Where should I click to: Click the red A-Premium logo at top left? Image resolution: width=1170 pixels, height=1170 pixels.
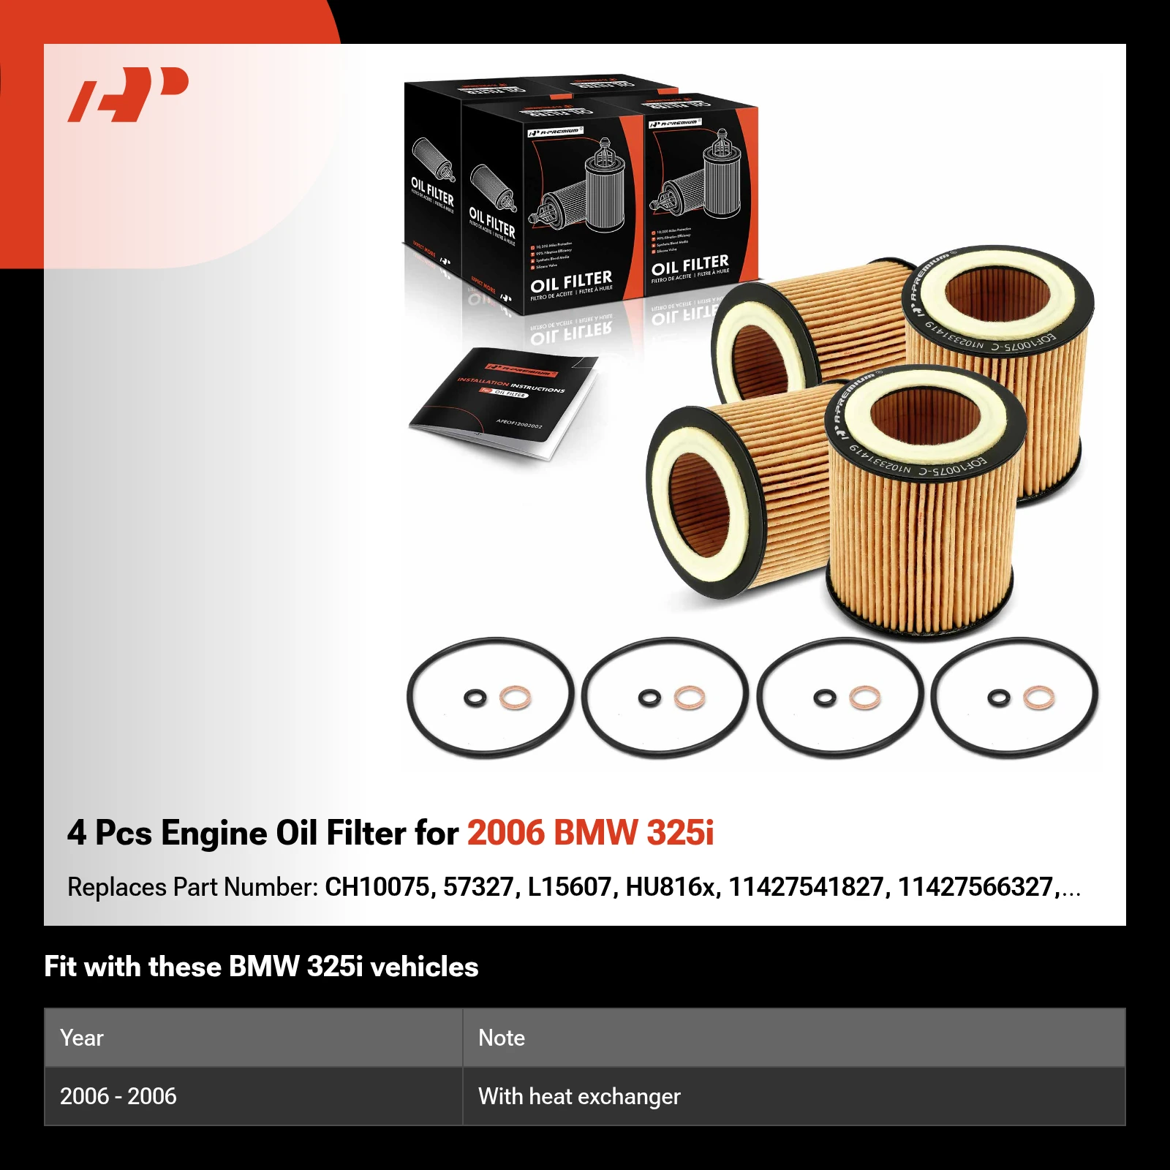pyautogui.click(x=128, y=94)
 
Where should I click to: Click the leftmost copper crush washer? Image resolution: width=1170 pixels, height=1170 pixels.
pyautogui.click(x=515, y=698)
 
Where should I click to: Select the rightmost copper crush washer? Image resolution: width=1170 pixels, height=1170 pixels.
pyautogui.click(x=1038, y=698)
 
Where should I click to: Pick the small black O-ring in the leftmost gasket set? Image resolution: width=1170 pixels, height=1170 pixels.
pyautogui.click(x=475, y=698)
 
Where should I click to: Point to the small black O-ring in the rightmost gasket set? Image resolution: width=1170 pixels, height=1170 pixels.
pyautogui.click(x=998, y=698)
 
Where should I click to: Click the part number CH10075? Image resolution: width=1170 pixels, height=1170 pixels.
pyautogui.click(x=377, y=887)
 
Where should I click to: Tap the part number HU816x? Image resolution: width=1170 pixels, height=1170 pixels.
pyautogui.click(x=670, y=887)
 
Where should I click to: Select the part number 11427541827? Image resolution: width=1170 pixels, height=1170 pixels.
pyautogui.click(x=806, y=887)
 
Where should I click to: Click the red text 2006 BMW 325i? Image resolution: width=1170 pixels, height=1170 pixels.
pyautogui.click(x=590, y=833)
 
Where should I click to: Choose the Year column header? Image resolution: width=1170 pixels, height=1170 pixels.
pyautogui.click(x=82, y=1038)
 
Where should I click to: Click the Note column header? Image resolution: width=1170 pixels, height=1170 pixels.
pyautogui.click(x=502, y=1038)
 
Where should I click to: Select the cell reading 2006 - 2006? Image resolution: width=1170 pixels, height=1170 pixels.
pyautogui.click(x=118, y=1096)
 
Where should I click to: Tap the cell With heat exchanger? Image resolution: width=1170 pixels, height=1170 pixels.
pyautogui.click(x=579, y=1096)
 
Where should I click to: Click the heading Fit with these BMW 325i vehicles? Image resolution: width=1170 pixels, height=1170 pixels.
pyautogui.click(x=261, y=967)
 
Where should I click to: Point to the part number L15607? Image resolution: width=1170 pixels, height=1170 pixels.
pyautogui.click(x=569, y=887)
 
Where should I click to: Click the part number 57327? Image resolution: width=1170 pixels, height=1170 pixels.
pyautogui.click(x=478, y=887)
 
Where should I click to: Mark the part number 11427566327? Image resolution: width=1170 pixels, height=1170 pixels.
pyautogui.click(x=975, y=887)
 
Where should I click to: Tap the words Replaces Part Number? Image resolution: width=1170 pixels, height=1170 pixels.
pyautogui.click(x=192, y=887)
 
